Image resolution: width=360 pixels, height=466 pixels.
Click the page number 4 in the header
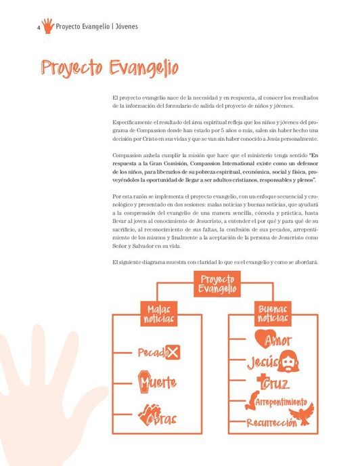38,27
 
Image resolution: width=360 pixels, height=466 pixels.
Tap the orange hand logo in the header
47,26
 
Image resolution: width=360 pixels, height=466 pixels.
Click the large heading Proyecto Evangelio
109,68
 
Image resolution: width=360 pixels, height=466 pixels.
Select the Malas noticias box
159,313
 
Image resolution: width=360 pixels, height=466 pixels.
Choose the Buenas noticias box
272,313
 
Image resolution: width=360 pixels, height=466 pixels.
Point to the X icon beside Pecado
173,352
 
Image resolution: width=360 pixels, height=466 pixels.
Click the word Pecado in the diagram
151,353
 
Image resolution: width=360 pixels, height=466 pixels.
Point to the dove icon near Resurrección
300,414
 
